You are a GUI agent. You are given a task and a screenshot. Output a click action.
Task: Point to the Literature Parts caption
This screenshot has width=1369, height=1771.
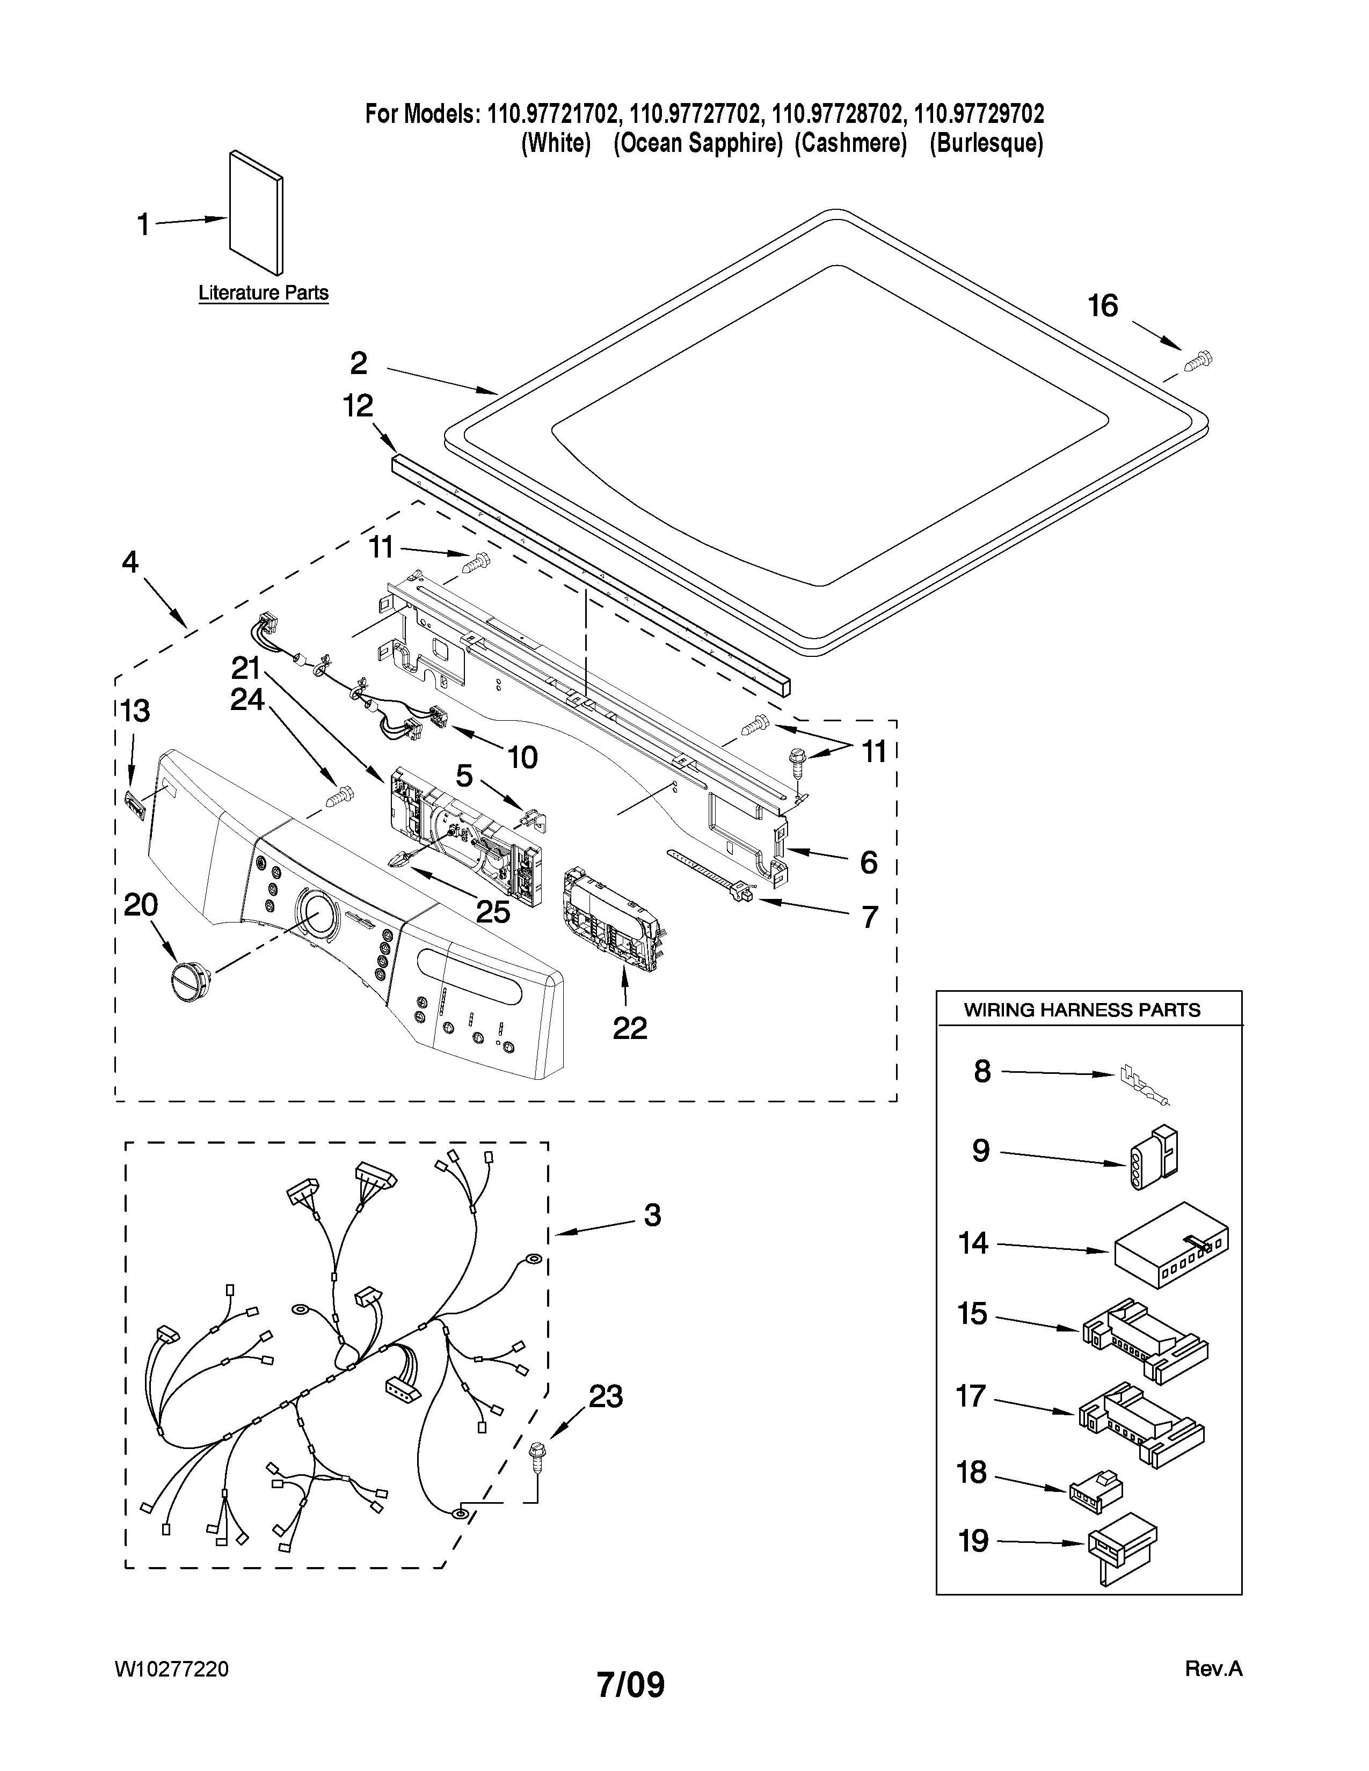point(264,292)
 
